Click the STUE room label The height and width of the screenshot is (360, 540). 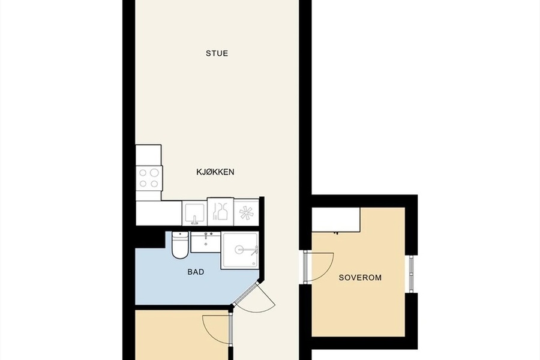coord(217,53)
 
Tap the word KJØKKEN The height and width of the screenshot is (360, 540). coord(215,172)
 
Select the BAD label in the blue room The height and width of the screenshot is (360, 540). coord(196,272)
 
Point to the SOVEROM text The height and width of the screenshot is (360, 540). coord(360,278)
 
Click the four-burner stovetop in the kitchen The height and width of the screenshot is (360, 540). coord(149,178)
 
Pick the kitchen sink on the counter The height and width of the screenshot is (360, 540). coord(194,213)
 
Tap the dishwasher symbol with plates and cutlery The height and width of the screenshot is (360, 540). coord(220,211)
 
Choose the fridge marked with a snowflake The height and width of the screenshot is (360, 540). coord(246,212)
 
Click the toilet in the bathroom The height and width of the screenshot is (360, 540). coord(180,245)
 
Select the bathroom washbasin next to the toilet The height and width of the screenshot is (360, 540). coord(206,242)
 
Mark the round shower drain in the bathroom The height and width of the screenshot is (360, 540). coord(241,250)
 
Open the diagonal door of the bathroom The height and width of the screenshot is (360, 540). coord(254,297)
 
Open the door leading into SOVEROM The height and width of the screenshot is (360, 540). coord(319,267)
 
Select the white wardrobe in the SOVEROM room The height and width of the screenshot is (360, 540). coord(336,220)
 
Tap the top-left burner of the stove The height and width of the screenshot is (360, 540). coord(143,173)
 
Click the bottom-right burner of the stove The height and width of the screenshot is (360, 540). coord(155,184)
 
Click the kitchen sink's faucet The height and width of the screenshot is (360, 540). coord(194,220)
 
